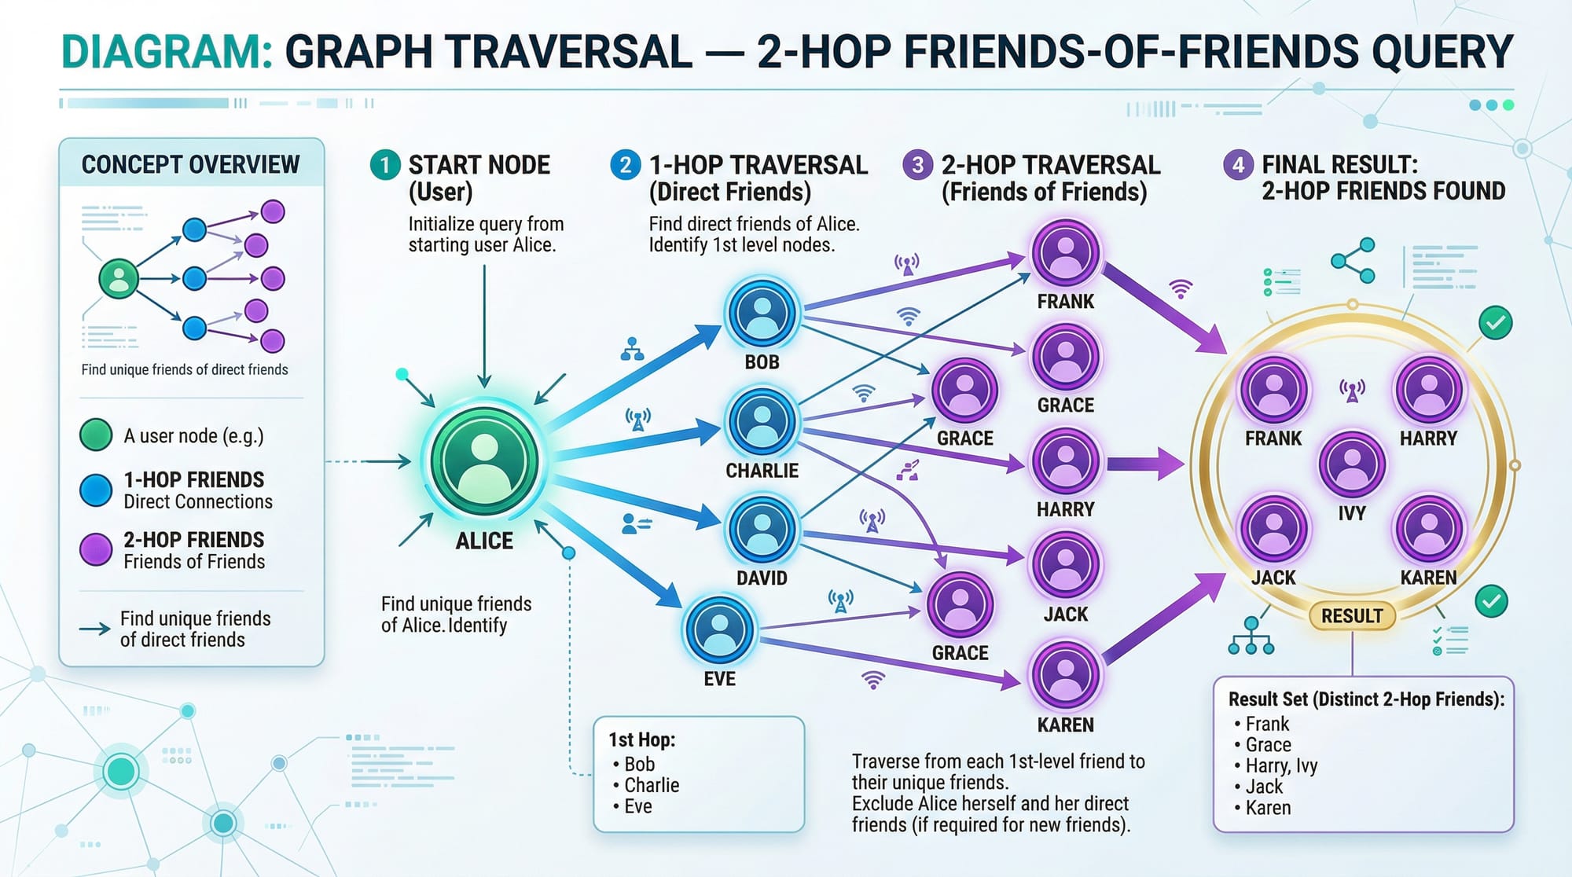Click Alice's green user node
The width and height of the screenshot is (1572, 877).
tap(484, 460)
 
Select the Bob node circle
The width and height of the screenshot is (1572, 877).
tap(762, 314)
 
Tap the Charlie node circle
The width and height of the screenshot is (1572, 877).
tap(762, 422)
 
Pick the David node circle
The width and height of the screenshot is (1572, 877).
tap(762, 529)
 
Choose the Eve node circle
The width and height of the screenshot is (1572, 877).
tap(719, 630)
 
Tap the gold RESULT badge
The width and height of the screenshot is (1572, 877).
tap(1351, 616)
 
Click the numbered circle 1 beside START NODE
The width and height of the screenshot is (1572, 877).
tap(385, 165)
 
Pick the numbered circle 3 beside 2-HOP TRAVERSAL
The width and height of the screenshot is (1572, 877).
tap(917, 165)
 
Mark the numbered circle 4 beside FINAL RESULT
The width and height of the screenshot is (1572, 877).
tap(1238, 165)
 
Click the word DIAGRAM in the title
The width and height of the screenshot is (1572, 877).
tap(167, 52)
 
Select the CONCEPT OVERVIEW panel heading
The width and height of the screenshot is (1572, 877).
tap(191, 165)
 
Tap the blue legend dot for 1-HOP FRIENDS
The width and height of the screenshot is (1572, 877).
tap(96, 490)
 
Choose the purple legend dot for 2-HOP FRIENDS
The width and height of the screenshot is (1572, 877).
tap(96, 549)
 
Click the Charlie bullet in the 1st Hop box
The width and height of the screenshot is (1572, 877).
tap(651, 785)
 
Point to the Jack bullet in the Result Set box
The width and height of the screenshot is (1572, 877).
tap(1264, 787)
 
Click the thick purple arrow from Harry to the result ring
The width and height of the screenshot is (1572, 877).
tap(1144, 464)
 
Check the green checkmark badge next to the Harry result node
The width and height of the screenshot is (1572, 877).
tap(1495, 323)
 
